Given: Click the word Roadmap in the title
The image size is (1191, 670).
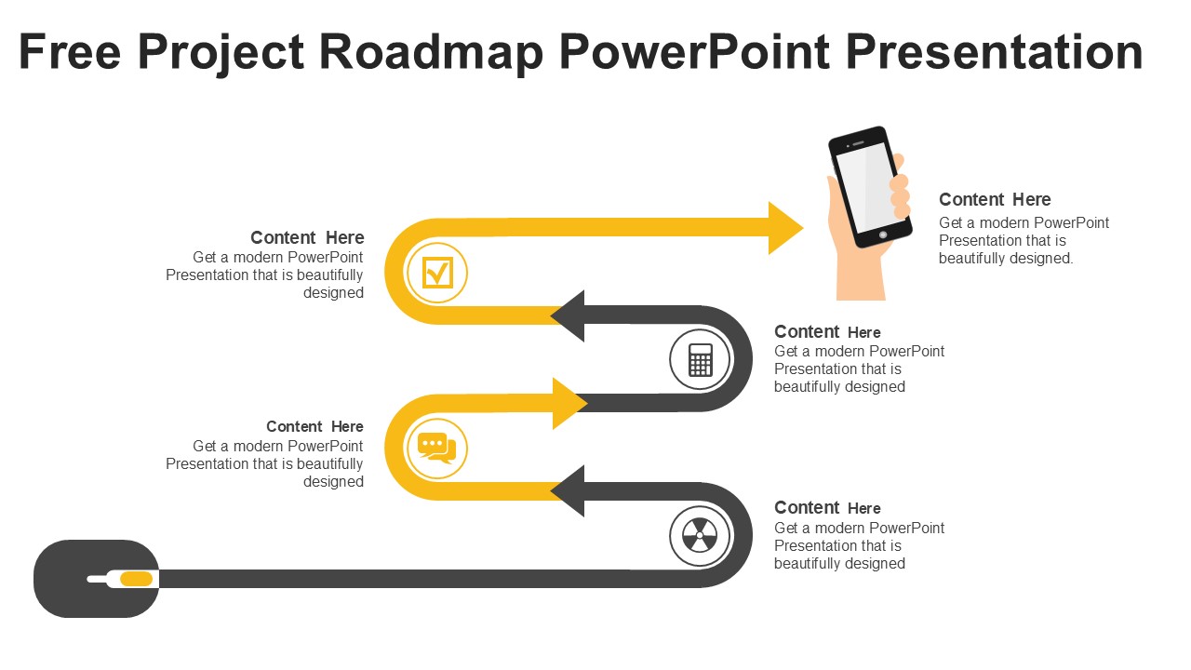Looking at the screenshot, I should pyautogui.click(x=431, y=52).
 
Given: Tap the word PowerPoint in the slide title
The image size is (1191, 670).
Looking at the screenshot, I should pyautogui.click(x=693, y=52).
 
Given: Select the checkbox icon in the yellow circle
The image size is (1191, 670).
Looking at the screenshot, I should pyautogui.click(x=437, y=274).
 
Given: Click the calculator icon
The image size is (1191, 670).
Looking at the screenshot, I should pyautogui.click(x=701, y=360).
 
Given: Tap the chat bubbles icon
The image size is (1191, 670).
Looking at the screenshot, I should pyautogui.click(x=436, y=448).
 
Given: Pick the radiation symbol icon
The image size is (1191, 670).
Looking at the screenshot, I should pyautogui.click(x=700, y=536).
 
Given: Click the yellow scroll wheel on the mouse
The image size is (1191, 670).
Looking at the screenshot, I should pyautogui.click(x=136, y=579).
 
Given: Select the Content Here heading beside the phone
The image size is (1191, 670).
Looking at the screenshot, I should pyautogui.click(x=995, y=200).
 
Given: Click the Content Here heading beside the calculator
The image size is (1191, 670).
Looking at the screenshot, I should pyautogui.click(x=827, y=332).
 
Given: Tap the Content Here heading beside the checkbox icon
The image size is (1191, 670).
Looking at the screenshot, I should pyautogui.click(x=307, y=238).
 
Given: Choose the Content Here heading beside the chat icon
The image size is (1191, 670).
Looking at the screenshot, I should pyautogui.click(x=314, y=427).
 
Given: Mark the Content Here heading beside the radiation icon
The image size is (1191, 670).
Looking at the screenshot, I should pyautogui.click(x=827, y=508).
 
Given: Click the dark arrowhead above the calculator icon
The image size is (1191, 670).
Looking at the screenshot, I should pyautogui.click(x=569, y=315).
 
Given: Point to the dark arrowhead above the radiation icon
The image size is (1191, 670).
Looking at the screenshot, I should pyautogui.click(x=569, y=491).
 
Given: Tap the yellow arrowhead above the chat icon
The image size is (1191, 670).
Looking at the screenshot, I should pyautogui.click(x=569, y=404).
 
